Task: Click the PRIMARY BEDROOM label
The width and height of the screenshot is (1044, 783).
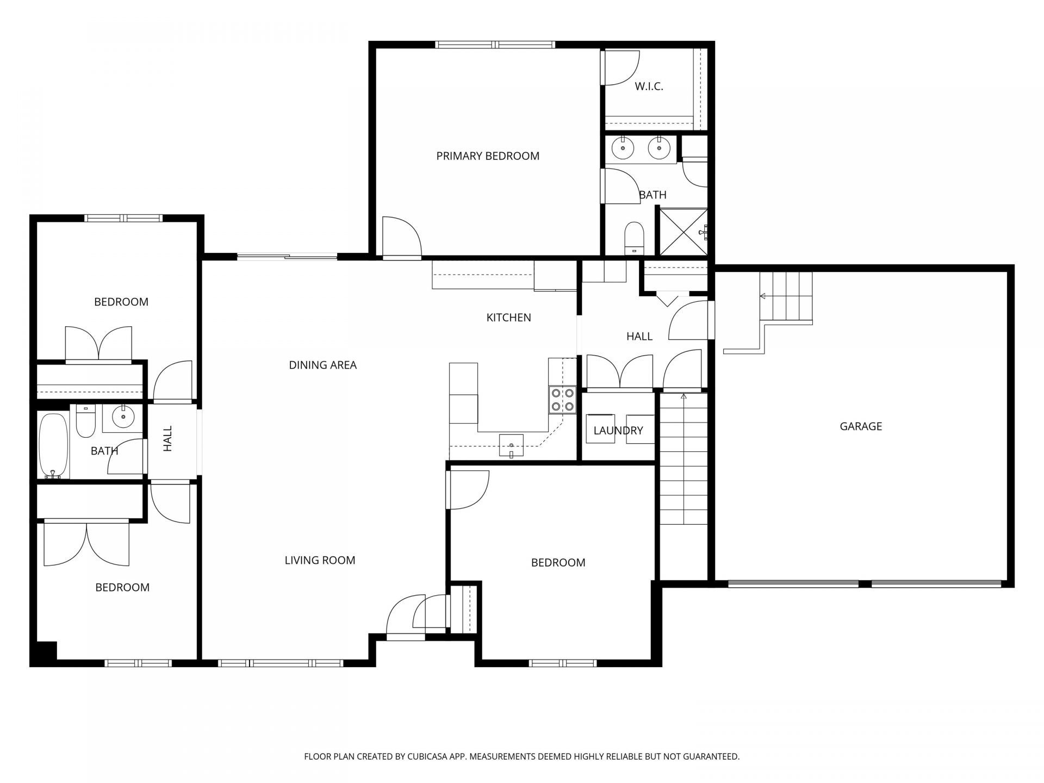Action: click(488, 156)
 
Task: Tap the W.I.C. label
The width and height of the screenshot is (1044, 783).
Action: click(649, 86)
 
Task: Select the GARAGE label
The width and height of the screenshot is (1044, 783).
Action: click(861, 426)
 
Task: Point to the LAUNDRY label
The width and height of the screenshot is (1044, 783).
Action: click(618, 431)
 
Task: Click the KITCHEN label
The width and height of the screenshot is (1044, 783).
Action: click(508, 318)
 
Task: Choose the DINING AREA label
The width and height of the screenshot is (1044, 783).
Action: click(322, 365)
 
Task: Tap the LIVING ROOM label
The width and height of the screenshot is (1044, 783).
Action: click(320, 560)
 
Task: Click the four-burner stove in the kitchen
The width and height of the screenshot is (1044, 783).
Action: click(562, 399)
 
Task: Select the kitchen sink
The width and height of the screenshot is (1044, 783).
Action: click(511, 445)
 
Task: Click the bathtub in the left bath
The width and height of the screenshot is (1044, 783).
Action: click(53, 446)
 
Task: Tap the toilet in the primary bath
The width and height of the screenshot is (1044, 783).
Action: click(633, 238)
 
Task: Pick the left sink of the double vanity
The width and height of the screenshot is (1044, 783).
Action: click(620, 147)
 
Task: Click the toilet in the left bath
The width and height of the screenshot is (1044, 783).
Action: click(85, 421)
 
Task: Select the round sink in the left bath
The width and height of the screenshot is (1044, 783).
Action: click(123, 417)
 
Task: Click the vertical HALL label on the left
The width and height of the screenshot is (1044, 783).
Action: click(168, 438)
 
